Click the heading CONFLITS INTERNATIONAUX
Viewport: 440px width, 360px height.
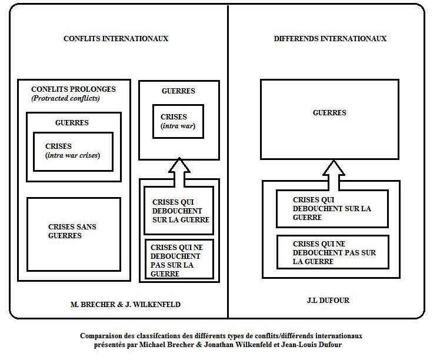point(116,38)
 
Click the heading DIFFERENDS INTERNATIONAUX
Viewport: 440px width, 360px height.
point(330,38)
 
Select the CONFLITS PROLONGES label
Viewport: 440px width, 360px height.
point(74,89)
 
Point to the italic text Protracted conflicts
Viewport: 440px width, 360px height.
point(66,98)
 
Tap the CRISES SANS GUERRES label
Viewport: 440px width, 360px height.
point(72,231)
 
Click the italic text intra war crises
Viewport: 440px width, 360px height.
point(73,155)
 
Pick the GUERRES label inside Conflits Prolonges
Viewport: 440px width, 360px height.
point(72,122)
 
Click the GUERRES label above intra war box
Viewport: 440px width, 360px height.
point(178,91)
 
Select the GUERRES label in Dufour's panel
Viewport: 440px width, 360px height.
point(329,112)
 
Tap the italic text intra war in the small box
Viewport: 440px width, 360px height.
point(178,126)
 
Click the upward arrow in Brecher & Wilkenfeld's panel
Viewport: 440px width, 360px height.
point(179,172)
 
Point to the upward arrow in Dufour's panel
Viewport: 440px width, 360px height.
point(334,175)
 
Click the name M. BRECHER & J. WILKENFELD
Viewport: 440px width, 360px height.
point(125,305)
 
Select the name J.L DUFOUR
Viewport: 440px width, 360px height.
point(328,300)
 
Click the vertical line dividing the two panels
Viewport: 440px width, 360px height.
point(228,161)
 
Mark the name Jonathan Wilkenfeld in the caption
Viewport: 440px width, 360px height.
point(238,345)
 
